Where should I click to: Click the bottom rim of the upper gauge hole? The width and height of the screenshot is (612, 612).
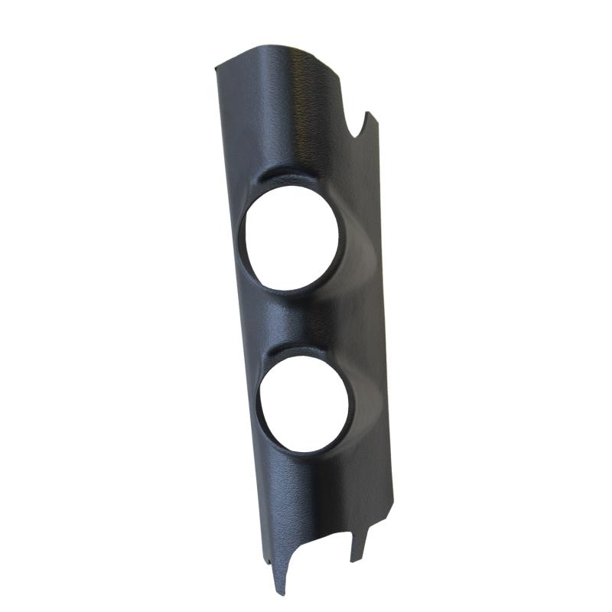pos(291,289)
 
